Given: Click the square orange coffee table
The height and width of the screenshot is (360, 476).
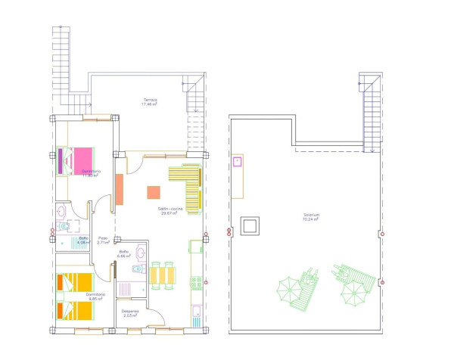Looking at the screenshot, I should pyautogui.click(x=154, y=192).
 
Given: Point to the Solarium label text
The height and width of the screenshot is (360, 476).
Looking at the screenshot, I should pyautogui.click(x=310, y=216).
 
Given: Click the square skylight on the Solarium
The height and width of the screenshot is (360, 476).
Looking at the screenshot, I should pyautogui.click(x=250, y=225).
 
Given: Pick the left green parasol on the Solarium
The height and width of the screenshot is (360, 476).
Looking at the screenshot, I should pyautogui.click(x=288, y=289).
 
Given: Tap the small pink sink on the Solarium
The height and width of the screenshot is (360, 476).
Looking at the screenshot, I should pyautogui.click(x=237, y=161).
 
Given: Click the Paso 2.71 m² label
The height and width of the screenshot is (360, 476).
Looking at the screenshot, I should pyautogui.click(x=103, y=241).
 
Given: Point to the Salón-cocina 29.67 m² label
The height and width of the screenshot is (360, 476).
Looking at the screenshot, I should pyautogui.click(x=168, y=211).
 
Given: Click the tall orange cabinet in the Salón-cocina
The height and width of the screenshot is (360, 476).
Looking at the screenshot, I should pyautogui.click(x=120, y=190).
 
